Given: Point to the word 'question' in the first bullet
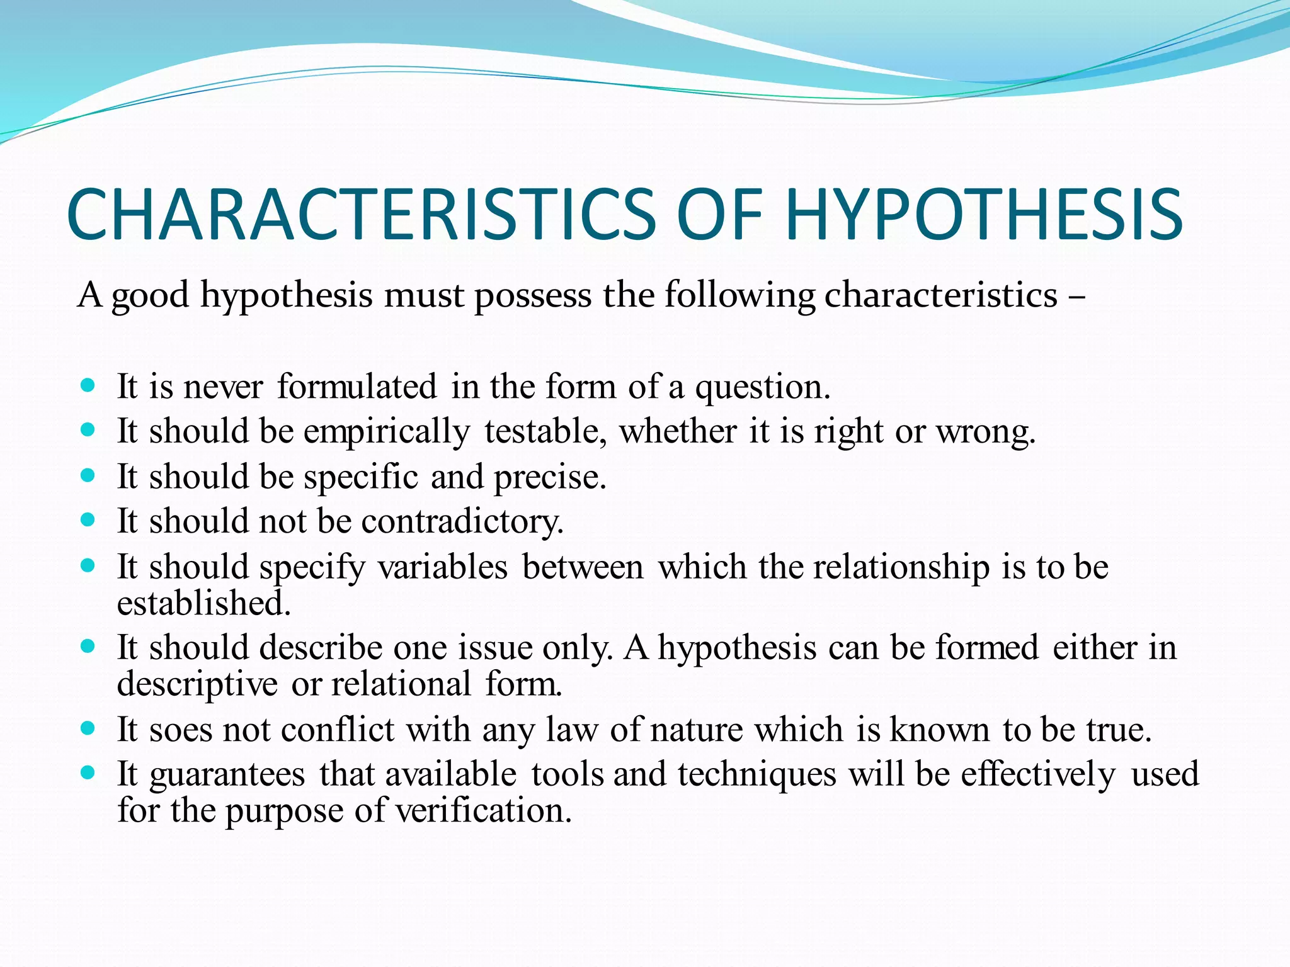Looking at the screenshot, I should (762, 387).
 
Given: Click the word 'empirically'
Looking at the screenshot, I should (386, 433).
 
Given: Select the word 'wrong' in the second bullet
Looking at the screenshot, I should (985, 433).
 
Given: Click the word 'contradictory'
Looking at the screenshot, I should (462, 522).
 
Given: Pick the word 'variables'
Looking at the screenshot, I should (443, 567).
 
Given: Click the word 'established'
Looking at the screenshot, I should (203, 603).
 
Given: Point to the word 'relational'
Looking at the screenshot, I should (401, 684).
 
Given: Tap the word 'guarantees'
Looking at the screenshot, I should (227, 774).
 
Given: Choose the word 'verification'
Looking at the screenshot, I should (483, 811).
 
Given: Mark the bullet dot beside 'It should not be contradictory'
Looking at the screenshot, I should (88, 519).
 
